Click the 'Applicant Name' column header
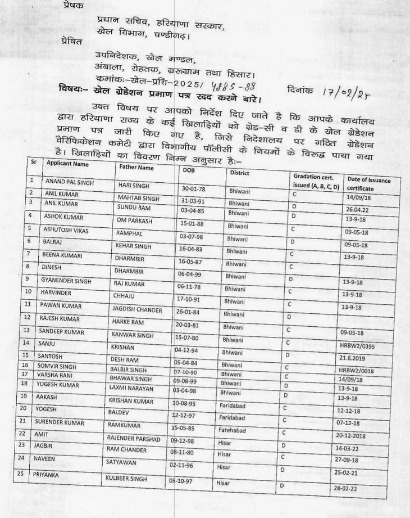[67, 164]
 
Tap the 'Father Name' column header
[135, 167]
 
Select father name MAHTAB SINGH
[137, 198]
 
